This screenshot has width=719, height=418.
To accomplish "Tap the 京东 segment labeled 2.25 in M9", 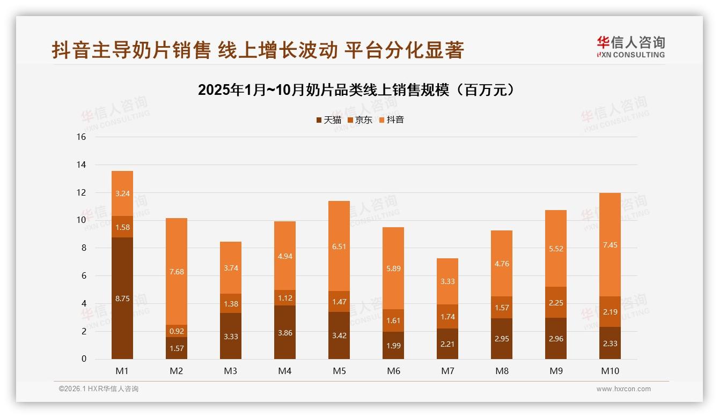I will (x=556, y=302).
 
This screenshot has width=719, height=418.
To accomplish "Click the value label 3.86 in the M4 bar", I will (x=285, y=333).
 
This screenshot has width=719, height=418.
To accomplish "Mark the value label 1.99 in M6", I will (x=393, y=346).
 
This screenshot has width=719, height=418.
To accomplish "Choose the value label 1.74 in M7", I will (x=447, y=317).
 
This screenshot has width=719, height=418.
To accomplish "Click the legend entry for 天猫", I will (x=328, y=120).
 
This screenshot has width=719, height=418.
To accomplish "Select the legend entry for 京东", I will (x=360, y=120).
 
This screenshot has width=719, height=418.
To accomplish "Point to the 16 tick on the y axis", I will (x=82, y=137).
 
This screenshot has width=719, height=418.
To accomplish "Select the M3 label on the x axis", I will (x=231, y=371).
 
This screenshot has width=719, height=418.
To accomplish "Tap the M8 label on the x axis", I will (x=502, y=371).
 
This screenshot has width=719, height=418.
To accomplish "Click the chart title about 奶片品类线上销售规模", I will (x=359, y=89).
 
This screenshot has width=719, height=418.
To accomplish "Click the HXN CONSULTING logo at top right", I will (x=630, y=47).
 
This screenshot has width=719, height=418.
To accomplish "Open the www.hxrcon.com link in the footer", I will (x=623, y=389).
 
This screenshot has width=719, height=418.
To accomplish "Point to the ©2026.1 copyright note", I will (x=98, y=389).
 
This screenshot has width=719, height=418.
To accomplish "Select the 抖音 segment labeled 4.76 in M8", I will (x=502, y=264).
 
